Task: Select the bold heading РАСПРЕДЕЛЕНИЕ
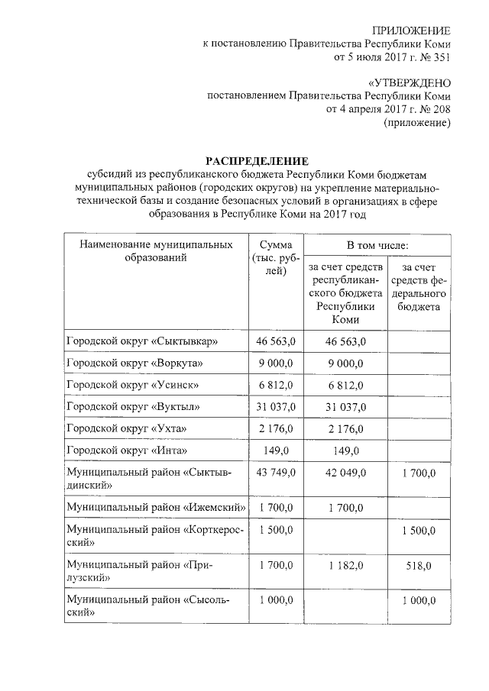257,161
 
